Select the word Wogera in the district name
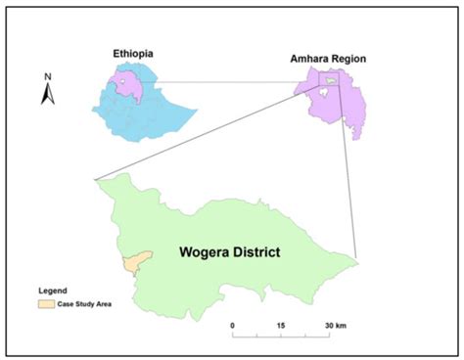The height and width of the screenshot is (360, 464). [209, 251]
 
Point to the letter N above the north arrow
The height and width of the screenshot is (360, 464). [47, 74]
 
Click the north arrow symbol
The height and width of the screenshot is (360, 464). [47, 94]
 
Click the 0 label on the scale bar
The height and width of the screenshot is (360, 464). [233, 325]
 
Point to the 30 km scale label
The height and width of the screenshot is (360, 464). [336, 325]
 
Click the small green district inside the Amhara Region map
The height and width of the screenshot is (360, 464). [331, 81]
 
